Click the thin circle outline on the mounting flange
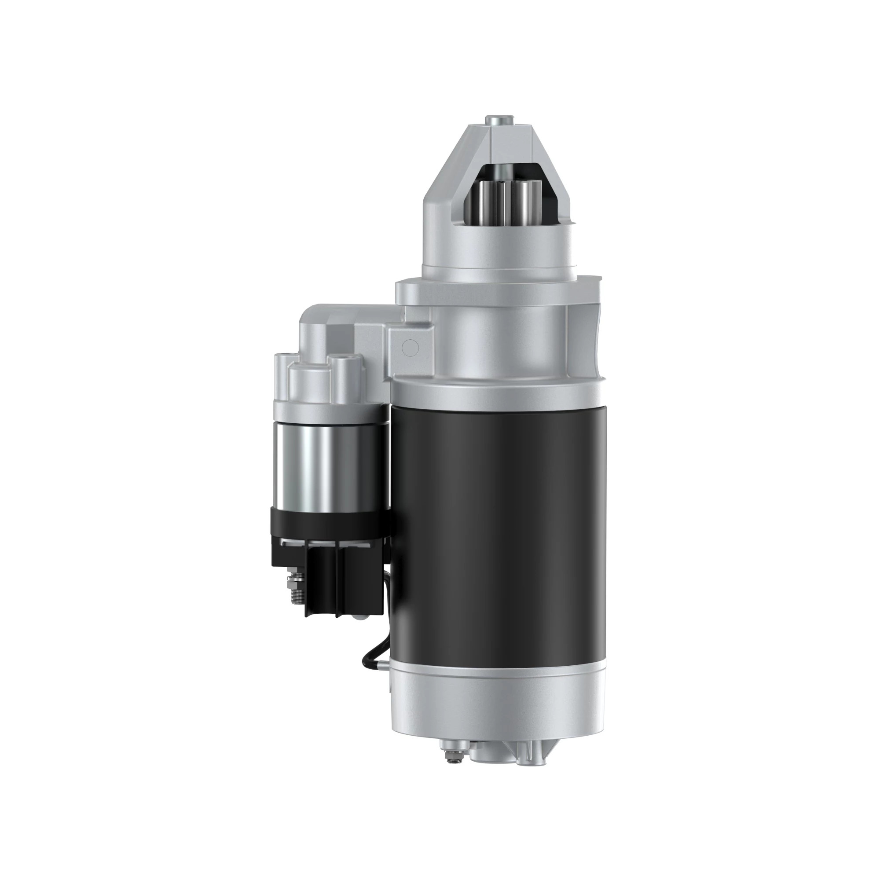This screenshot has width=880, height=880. pos(411,348)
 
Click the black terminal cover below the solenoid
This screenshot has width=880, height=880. pos(328,574)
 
